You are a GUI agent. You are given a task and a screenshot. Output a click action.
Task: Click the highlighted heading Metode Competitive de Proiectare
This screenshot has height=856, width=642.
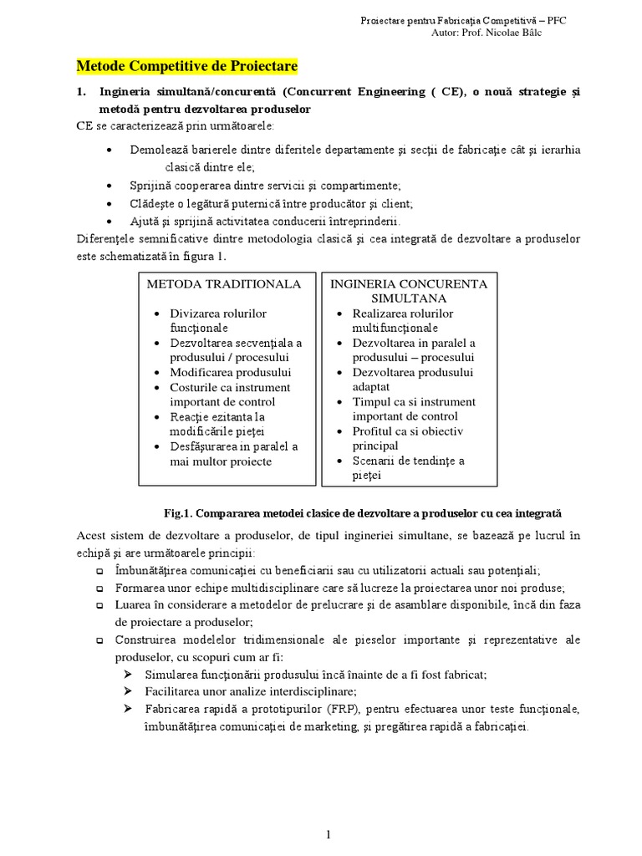pyautogui.click(x=187, y=66)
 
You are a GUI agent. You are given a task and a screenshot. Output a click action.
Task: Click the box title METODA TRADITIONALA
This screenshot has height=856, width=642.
pyautogui.click(x=223, y=284)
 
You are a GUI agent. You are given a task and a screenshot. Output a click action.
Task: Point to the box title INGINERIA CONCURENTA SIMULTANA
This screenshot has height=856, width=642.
pyautogui.click(x=409, y=291)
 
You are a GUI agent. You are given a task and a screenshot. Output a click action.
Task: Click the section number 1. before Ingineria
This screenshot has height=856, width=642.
pyautogui.click(x=82, y=91)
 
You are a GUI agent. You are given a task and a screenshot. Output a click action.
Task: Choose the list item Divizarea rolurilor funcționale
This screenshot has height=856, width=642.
pyautogui.click(x=217, y=320)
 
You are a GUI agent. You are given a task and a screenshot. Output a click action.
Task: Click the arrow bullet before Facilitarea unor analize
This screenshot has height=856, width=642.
pyautogui.click(x=127, y=691)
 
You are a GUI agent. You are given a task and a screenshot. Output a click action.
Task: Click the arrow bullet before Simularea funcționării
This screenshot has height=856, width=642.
pyautogui.click(x=127, y=674)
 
